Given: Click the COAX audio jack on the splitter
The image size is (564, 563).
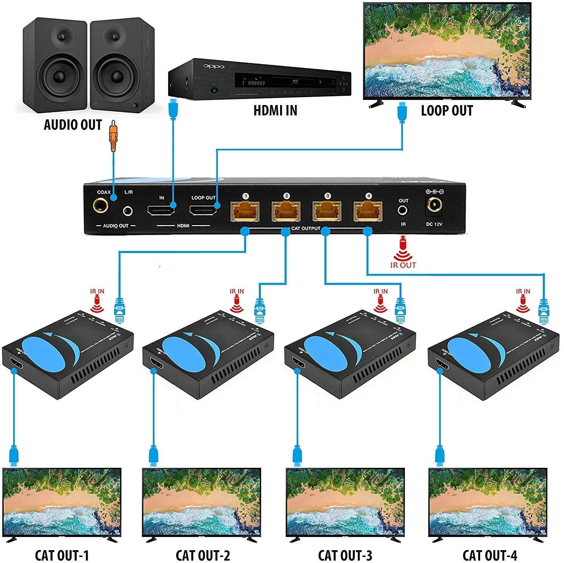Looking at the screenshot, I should (x=102, y=206).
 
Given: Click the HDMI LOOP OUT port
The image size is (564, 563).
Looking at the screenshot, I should (x=203, y=211).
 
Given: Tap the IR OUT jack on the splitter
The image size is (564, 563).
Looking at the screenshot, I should (x=403, y=210).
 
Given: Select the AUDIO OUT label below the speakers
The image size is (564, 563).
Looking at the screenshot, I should (x=73, y=125).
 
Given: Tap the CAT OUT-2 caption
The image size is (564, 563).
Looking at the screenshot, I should (x=203, y=555).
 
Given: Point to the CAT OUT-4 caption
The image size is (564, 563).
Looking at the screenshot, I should (x=490, y=555).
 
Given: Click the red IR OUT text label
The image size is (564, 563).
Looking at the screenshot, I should (x=403, y=265).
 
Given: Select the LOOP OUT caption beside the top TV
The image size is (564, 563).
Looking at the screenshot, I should (x=447, y=110).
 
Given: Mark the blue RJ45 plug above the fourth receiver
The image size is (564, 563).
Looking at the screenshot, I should (x=544, y=311).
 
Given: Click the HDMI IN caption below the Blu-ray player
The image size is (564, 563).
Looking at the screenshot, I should (x=275, y=110).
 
